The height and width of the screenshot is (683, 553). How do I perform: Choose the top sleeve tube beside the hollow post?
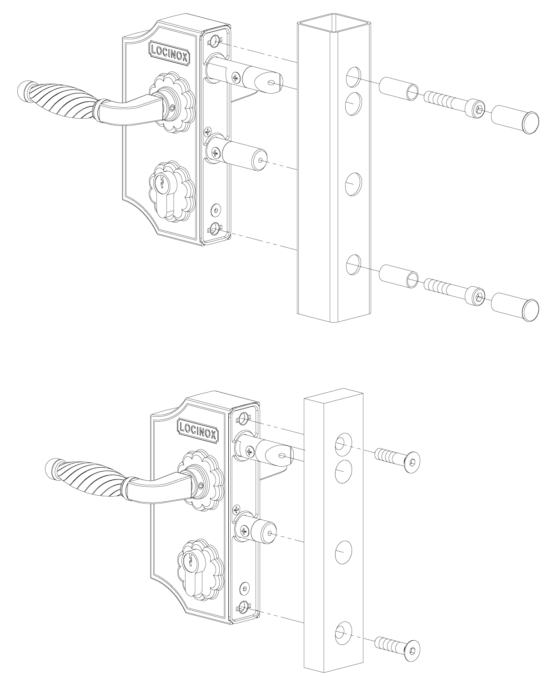(398, 89)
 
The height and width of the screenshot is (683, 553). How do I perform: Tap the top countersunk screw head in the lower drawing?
(412, 461)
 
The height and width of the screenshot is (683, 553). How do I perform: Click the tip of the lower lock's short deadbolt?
(271, 533)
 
